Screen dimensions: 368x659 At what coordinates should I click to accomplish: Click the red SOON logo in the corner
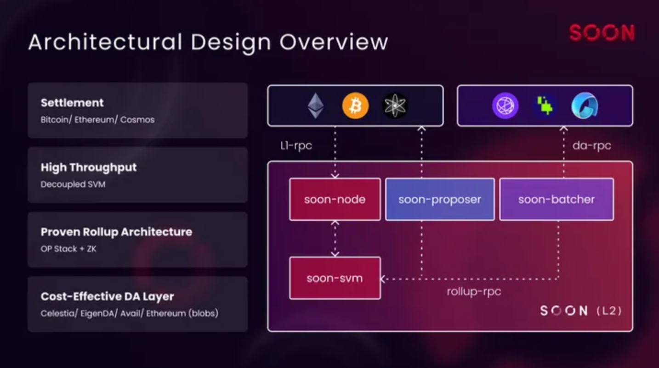coord(602,33)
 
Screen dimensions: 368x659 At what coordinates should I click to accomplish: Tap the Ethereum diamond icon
coord(315,106)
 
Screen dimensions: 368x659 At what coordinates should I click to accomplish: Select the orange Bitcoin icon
coord(355,106)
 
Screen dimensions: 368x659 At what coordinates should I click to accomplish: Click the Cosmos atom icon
coord(395,106)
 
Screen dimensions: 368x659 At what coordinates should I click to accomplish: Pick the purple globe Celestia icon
coord(505,106)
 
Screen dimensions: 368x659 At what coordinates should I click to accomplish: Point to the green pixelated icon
coord(545,106)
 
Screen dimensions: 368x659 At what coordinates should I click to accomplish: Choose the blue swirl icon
coord(585,106)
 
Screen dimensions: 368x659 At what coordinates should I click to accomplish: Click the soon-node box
coord(335,200)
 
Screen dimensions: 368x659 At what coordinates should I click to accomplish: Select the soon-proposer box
coord(440,200)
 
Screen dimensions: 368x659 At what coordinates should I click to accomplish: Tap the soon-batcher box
coord(557,200)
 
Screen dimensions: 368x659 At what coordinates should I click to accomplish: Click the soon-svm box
coord(335,278)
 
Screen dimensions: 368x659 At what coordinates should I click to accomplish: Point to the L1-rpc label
coord(296,146)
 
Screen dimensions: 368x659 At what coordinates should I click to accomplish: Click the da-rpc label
coord(591,146)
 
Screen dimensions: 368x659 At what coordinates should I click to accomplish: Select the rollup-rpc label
coord(474,291)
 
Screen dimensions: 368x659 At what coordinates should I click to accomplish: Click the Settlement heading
coord(72,103)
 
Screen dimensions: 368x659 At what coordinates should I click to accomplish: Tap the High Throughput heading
coord(89,167)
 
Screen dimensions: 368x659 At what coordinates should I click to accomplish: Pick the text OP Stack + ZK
coord(68,249)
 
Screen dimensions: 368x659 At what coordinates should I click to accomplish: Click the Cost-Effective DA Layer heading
coord(107,296)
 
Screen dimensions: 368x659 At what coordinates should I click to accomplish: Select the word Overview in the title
coord(334,42)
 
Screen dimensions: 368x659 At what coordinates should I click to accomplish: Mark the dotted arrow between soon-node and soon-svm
coord(335,239)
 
